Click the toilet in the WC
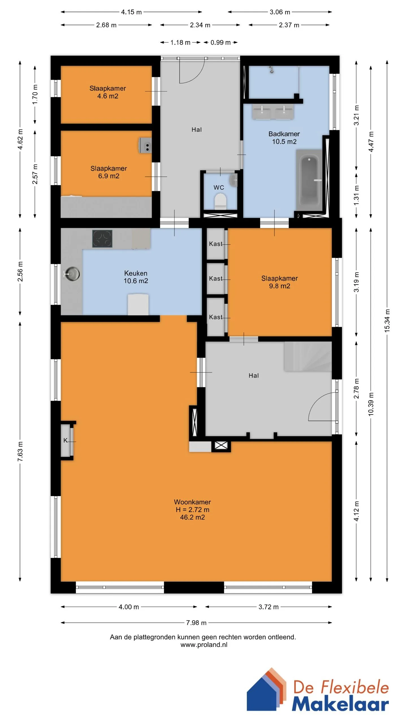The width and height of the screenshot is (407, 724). pyautogui.click(x=220, y=201)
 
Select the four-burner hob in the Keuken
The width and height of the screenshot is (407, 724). pyautogui.click(x=102, y=239)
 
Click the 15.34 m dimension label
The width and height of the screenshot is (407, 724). pyautogui.click(x=387, y=320)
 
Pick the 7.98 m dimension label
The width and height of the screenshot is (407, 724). pyautogui.click(x=196, y=622)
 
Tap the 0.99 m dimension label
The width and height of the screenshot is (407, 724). pyautogui.click(x=221, y=42)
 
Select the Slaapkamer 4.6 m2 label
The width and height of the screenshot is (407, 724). pyautogui.click(x=108, y=92)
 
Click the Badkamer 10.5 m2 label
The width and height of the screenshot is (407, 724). pyautogui.click(x=284, y=138)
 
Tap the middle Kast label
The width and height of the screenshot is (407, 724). pyautogui.click(x=216, y=279)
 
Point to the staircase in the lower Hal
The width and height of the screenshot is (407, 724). pyautogui.click(x=308, y=356)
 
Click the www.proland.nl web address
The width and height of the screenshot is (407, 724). pyautogui.click(x=204, y=645)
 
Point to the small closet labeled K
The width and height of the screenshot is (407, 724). pyautogui.click(x=66, y=440)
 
